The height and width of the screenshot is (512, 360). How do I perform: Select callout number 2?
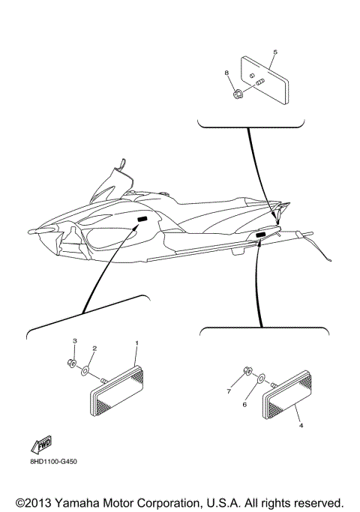point(94,349)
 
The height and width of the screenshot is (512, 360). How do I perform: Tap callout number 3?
point(74,341)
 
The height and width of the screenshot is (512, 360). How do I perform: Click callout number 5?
point(275,52)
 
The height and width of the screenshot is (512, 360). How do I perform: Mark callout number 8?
point(226,73)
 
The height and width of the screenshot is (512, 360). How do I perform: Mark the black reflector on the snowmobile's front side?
point(141,220)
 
